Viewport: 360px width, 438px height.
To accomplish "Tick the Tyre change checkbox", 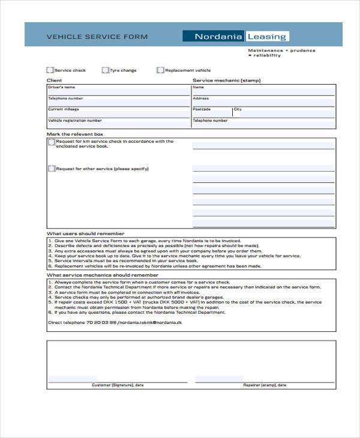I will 106,70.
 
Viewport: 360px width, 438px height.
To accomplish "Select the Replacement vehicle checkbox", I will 160,70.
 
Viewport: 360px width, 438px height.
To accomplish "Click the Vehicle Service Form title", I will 97,37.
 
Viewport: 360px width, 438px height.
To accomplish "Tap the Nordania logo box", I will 214,36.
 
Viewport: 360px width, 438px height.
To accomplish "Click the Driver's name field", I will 118,91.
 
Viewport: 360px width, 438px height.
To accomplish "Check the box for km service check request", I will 52,142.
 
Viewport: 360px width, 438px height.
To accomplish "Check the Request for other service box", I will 52,169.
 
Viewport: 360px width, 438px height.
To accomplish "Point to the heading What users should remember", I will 86,233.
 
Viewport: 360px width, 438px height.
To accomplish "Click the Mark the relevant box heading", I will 75,134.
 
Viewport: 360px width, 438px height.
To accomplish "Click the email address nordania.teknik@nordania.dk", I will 150,322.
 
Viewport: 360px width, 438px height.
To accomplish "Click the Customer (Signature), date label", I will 118,385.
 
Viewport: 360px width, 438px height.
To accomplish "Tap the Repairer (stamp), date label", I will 265,385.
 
